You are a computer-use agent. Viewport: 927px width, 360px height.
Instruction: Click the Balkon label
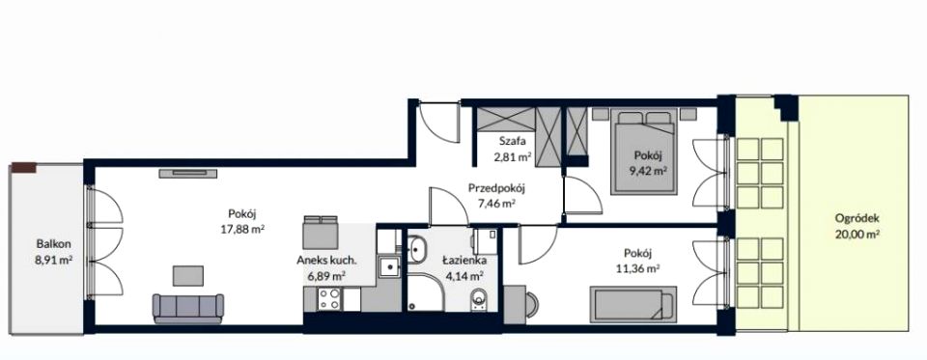(54, 243)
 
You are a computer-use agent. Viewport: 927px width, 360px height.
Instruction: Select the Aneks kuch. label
(326, 260)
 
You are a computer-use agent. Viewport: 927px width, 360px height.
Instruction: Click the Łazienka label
(464, 260)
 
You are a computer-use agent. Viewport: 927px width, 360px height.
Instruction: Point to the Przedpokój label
(496, 189)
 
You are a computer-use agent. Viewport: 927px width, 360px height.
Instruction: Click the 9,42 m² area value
(649, 170)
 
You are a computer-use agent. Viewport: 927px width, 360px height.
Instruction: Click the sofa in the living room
(188, 308)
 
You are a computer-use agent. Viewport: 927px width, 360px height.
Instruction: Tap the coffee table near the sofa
(188, 275)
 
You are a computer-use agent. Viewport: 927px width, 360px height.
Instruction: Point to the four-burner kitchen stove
(329, 299)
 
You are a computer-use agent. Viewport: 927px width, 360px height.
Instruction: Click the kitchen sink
(389, 267)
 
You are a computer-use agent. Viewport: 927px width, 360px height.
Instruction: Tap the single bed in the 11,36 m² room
(632, 304)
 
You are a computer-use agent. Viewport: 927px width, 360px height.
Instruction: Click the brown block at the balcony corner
(23, 168)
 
